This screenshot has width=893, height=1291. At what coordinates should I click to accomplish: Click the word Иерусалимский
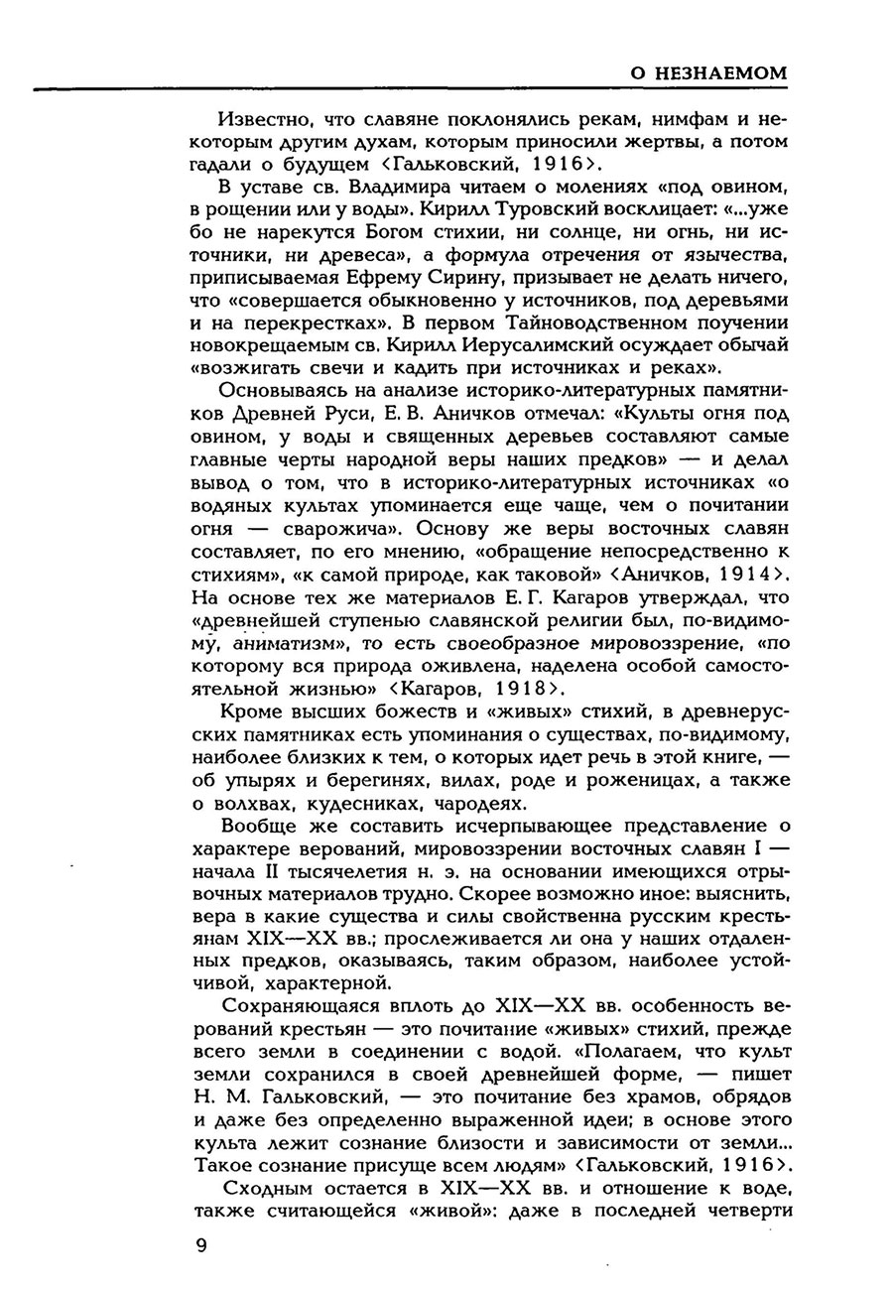pos(541,346)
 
